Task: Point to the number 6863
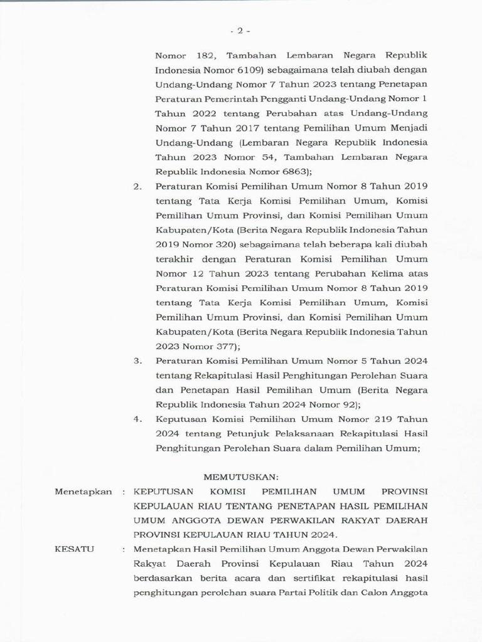click(288, 172)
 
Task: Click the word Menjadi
click(406, 128)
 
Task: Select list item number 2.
click(137, 186)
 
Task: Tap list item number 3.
click(137, 360)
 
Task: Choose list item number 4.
click(137, 419)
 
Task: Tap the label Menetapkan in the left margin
click(83, 492)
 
